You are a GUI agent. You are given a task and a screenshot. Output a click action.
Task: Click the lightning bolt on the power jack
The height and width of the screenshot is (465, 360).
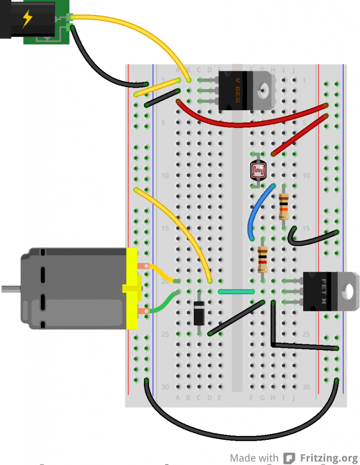[28, 19]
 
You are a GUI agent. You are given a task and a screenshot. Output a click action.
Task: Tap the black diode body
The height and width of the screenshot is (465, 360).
[199, 313]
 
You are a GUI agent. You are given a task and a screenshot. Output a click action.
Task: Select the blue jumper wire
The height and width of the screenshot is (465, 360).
[256, 212]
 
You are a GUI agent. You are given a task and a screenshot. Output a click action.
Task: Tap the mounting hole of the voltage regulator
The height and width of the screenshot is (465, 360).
[263, 89]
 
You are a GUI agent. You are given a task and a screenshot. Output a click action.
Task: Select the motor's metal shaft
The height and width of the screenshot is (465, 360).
[11, 288]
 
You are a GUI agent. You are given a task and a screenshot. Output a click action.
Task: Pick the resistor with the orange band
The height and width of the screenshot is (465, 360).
[284, 207]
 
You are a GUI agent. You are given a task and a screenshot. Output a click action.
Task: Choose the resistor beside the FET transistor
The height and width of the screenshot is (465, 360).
[262, 259]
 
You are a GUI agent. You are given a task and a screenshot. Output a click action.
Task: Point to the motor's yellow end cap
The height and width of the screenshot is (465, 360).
[132, 289]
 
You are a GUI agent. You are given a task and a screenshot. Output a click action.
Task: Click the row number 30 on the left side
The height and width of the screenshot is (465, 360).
[165, 387]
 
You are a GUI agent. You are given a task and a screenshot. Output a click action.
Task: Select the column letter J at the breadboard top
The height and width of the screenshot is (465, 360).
[294, 69]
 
